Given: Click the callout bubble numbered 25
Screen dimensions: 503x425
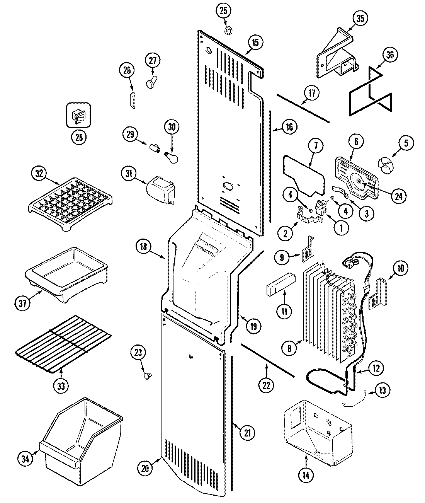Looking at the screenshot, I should pyautogui.click(x=223, y=11).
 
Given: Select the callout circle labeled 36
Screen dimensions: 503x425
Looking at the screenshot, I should pyautogui.click(x=389, y=55).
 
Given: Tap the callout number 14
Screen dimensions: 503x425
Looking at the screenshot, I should pyautogui.click(x=306, y=476).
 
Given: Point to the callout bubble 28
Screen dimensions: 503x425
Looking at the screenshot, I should pyautogui.click(x=79, y=138).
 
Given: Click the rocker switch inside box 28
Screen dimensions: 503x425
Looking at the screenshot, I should pyautogui.click(x=79, y=116).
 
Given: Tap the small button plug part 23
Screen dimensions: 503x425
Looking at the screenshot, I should pyautogui.click(x=147, y=375).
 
